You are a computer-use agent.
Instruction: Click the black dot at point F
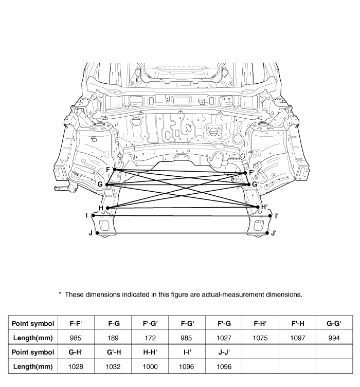[115, 170]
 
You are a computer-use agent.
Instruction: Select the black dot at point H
[107, 208]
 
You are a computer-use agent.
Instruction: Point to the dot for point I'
[270, 216]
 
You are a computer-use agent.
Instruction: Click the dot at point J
[97, 233]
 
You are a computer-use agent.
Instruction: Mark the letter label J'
[274, 233]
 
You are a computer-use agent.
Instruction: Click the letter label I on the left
[87, 215]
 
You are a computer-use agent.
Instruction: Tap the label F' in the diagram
[252, 172]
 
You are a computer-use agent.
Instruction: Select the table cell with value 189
[114, 338]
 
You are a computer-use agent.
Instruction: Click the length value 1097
[297, 338]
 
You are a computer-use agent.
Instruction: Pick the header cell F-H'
[260, 324]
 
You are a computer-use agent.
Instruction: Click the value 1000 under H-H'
[150, 366]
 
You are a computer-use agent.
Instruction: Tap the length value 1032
[114, 366]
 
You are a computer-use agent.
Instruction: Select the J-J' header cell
[223, 352]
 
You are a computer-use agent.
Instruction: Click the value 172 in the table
[150, 338]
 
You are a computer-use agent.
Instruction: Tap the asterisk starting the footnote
[60, 294]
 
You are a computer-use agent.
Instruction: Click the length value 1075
[260, 338]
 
